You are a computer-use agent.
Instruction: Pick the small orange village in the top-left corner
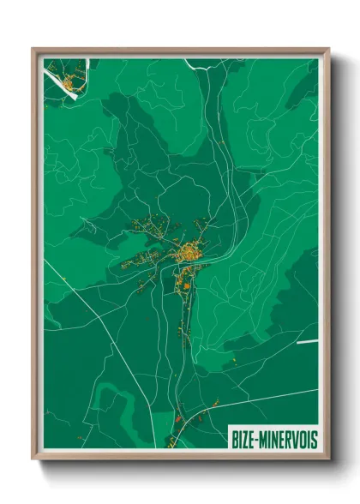pos(69,83)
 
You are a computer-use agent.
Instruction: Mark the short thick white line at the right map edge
pos(307,342)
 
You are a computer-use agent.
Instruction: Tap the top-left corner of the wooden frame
pos(33,49)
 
